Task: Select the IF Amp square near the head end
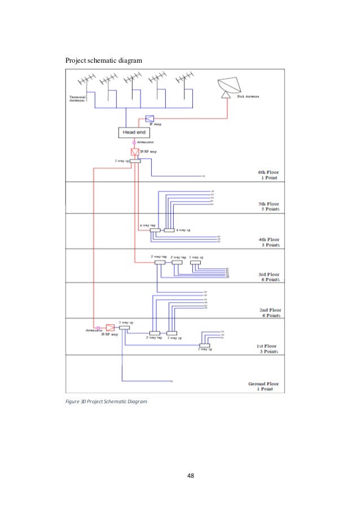[150, 119]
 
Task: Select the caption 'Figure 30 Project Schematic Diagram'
[106, 402]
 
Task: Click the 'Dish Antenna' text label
[249, 97]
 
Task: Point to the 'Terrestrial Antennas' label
[77, 98]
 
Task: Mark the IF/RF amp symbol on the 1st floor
[110, 328]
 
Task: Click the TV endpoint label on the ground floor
[171, 382]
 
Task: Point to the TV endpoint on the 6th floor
[204, 176]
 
